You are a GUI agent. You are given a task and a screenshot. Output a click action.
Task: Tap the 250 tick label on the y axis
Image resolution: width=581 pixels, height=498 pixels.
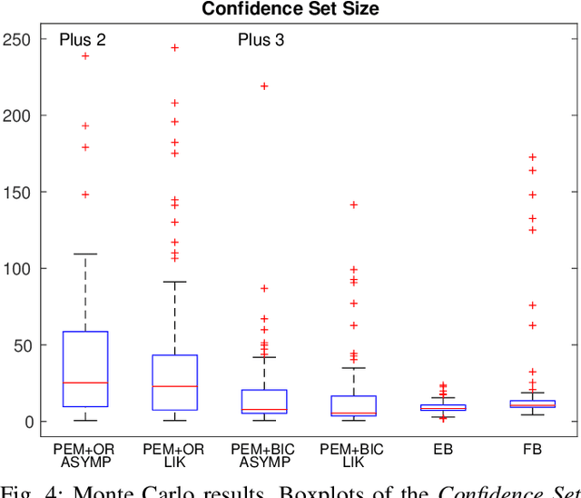(16, 39)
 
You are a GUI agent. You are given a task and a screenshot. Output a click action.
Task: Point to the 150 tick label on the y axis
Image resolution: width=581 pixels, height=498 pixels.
(16, 192)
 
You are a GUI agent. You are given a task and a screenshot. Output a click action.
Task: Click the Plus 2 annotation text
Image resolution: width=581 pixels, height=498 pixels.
(83, 39)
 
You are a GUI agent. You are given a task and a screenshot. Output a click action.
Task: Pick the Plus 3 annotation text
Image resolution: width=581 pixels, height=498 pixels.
(261, 39)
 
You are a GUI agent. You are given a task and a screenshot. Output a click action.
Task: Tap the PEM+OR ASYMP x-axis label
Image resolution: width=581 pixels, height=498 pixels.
(85, 455)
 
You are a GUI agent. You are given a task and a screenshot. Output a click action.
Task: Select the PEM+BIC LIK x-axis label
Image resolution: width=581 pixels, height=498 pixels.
(353, 455)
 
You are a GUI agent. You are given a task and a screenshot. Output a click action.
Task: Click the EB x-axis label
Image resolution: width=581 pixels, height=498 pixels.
(443, 449)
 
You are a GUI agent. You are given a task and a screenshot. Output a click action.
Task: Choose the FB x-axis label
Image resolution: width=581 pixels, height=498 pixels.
(532, 449)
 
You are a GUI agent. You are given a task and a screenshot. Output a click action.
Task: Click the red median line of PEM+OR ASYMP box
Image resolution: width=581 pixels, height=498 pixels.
(85, 383)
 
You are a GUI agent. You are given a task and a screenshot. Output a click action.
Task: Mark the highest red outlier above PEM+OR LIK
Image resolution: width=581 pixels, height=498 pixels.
(174, 47)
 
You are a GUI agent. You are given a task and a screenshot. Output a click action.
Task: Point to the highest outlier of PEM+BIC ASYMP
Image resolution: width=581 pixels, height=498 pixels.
(264, 86)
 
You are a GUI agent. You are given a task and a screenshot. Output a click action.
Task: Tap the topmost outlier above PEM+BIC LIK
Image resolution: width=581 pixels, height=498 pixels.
(353, 204)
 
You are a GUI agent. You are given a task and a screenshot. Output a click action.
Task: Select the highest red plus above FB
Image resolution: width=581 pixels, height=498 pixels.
(532, 157)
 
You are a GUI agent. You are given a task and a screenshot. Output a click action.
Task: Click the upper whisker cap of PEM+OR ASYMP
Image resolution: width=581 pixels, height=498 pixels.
(85, 254)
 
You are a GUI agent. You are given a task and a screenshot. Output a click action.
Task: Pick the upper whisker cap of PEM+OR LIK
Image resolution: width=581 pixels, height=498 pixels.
(174, 282)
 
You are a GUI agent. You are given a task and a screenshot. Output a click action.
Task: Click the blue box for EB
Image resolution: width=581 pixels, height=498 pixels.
(443, 408)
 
